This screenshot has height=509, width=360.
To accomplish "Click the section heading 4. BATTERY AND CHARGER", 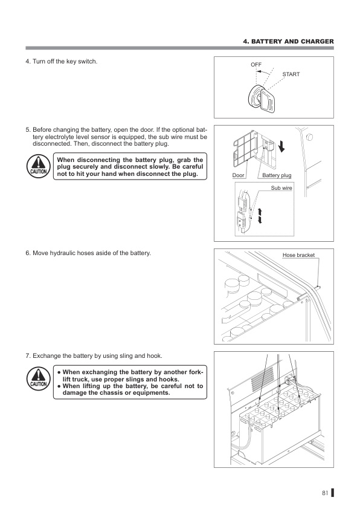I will point(288,41).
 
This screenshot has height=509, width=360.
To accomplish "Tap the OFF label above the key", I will point(256,64).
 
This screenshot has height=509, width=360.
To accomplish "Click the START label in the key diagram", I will point(291,74).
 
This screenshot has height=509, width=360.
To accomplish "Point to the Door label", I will point(239,175).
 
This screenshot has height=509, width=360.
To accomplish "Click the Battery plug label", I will point(277,175).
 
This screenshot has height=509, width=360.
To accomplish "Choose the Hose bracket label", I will point(299,255).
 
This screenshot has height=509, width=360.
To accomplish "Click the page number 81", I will point(325,493).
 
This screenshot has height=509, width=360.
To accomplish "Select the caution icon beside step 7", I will point(38,378).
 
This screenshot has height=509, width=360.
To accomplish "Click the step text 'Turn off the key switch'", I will point(63,62).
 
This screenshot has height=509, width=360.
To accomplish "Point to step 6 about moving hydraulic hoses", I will point(88,252).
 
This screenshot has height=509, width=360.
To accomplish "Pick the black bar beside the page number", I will point(332,493).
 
